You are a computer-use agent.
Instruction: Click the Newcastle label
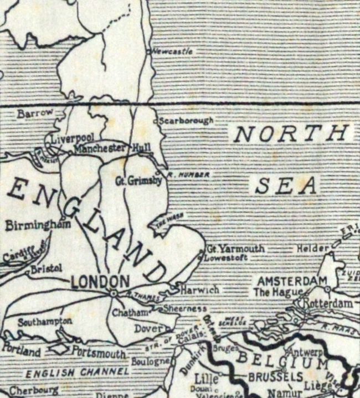(172, 51)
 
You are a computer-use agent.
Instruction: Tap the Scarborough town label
(186, 120)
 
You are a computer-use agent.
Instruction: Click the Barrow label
(34, 113)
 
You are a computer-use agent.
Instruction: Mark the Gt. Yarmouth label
(235, 249)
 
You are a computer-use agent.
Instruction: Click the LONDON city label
(100, 281)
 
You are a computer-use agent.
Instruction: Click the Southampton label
(44, 322)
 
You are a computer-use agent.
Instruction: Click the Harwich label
(200, 290)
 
